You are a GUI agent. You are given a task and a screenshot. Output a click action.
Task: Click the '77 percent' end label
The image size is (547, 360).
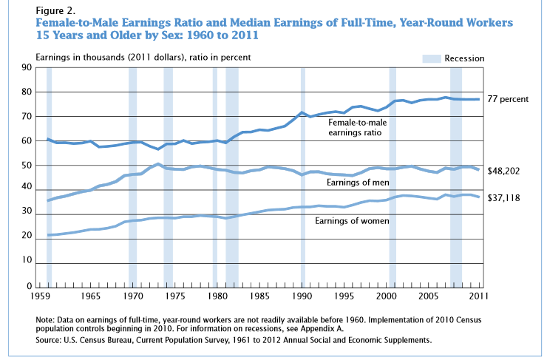tap(509, 99)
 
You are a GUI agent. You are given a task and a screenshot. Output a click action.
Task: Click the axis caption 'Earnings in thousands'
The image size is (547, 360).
tap(82, 57)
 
